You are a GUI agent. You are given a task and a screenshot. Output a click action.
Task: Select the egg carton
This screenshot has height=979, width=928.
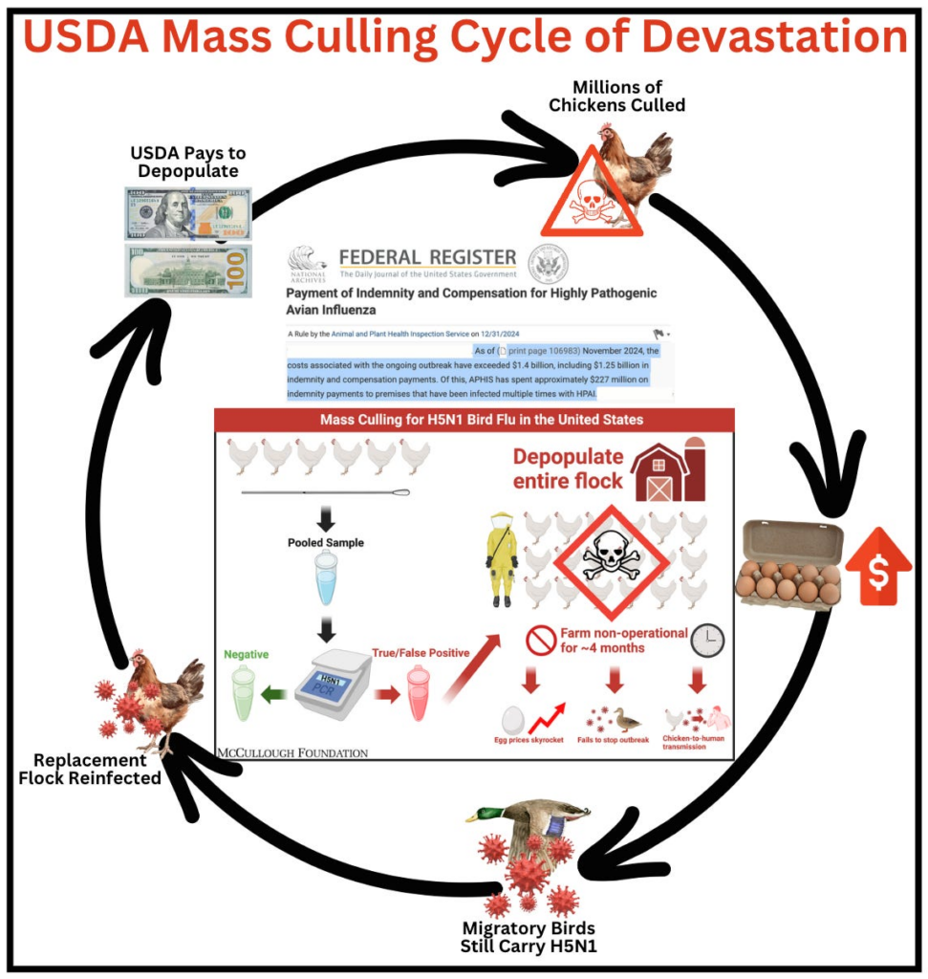tap(788, 564)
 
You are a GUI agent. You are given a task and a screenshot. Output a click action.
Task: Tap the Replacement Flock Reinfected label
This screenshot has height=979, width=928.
tap(90, 769)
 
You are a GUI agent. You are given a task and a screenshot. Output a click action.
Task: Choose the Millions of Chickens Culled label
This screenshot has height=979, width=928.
tap(616, 96)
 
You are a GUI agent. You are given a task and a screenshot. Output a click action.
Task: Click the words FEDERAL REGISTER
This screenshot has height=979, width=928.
tap(427, 257)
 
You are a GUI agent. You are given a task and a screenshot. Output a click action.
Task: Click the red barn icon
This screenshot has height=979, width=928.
tap(668, 472)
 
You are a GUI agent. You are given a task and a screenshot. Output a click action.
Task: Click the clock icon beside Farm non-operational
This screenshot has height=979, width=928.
tap(707, 640)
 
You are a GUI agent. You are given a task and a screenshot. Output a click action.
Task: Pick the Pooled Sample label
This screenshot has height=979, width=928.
tap(326, 543)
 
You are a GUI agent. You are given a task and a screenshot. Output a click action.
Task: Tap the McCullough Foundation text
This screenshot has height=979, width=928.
tap(292, 752)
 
